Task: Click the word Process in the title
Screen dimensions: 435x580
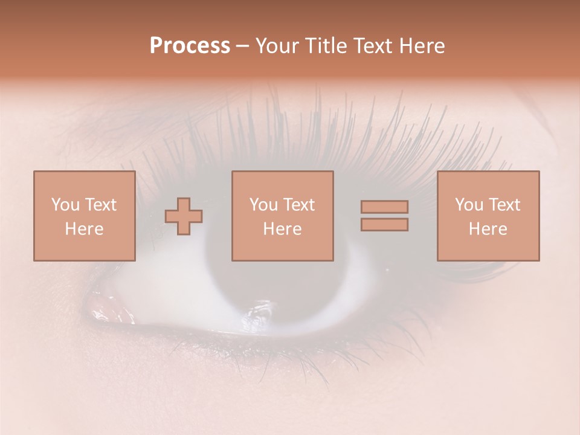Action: pos(190,46)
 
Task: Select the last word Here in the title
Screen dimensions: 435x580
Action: pos(421,46)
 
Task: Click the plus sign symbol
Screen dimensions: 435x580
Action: pos(184,216)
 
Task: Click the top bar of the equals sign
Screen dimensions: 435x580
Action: pos(384,207)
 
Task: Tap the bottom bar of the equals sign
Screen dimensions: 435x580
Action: pos(384,225)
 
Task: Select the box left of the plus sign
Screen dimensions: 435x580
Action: pos(84,216)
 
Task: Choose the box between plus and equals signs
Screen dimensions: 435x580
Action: pos(282,216)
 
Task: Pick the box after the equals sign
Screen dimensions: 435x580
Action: pos(488,216)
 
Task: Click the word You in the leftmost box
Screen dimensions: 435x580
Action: pos(65,205)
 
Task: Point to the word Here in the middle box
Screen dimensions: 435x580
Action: pos(282,229)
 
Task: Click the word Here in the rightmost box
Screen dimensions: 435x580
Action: pos(488,229)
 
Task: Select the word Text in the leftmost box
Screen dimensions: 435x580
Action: pos(101,205)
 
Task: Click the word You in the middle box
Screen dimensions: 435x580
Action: pos(263,205)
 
